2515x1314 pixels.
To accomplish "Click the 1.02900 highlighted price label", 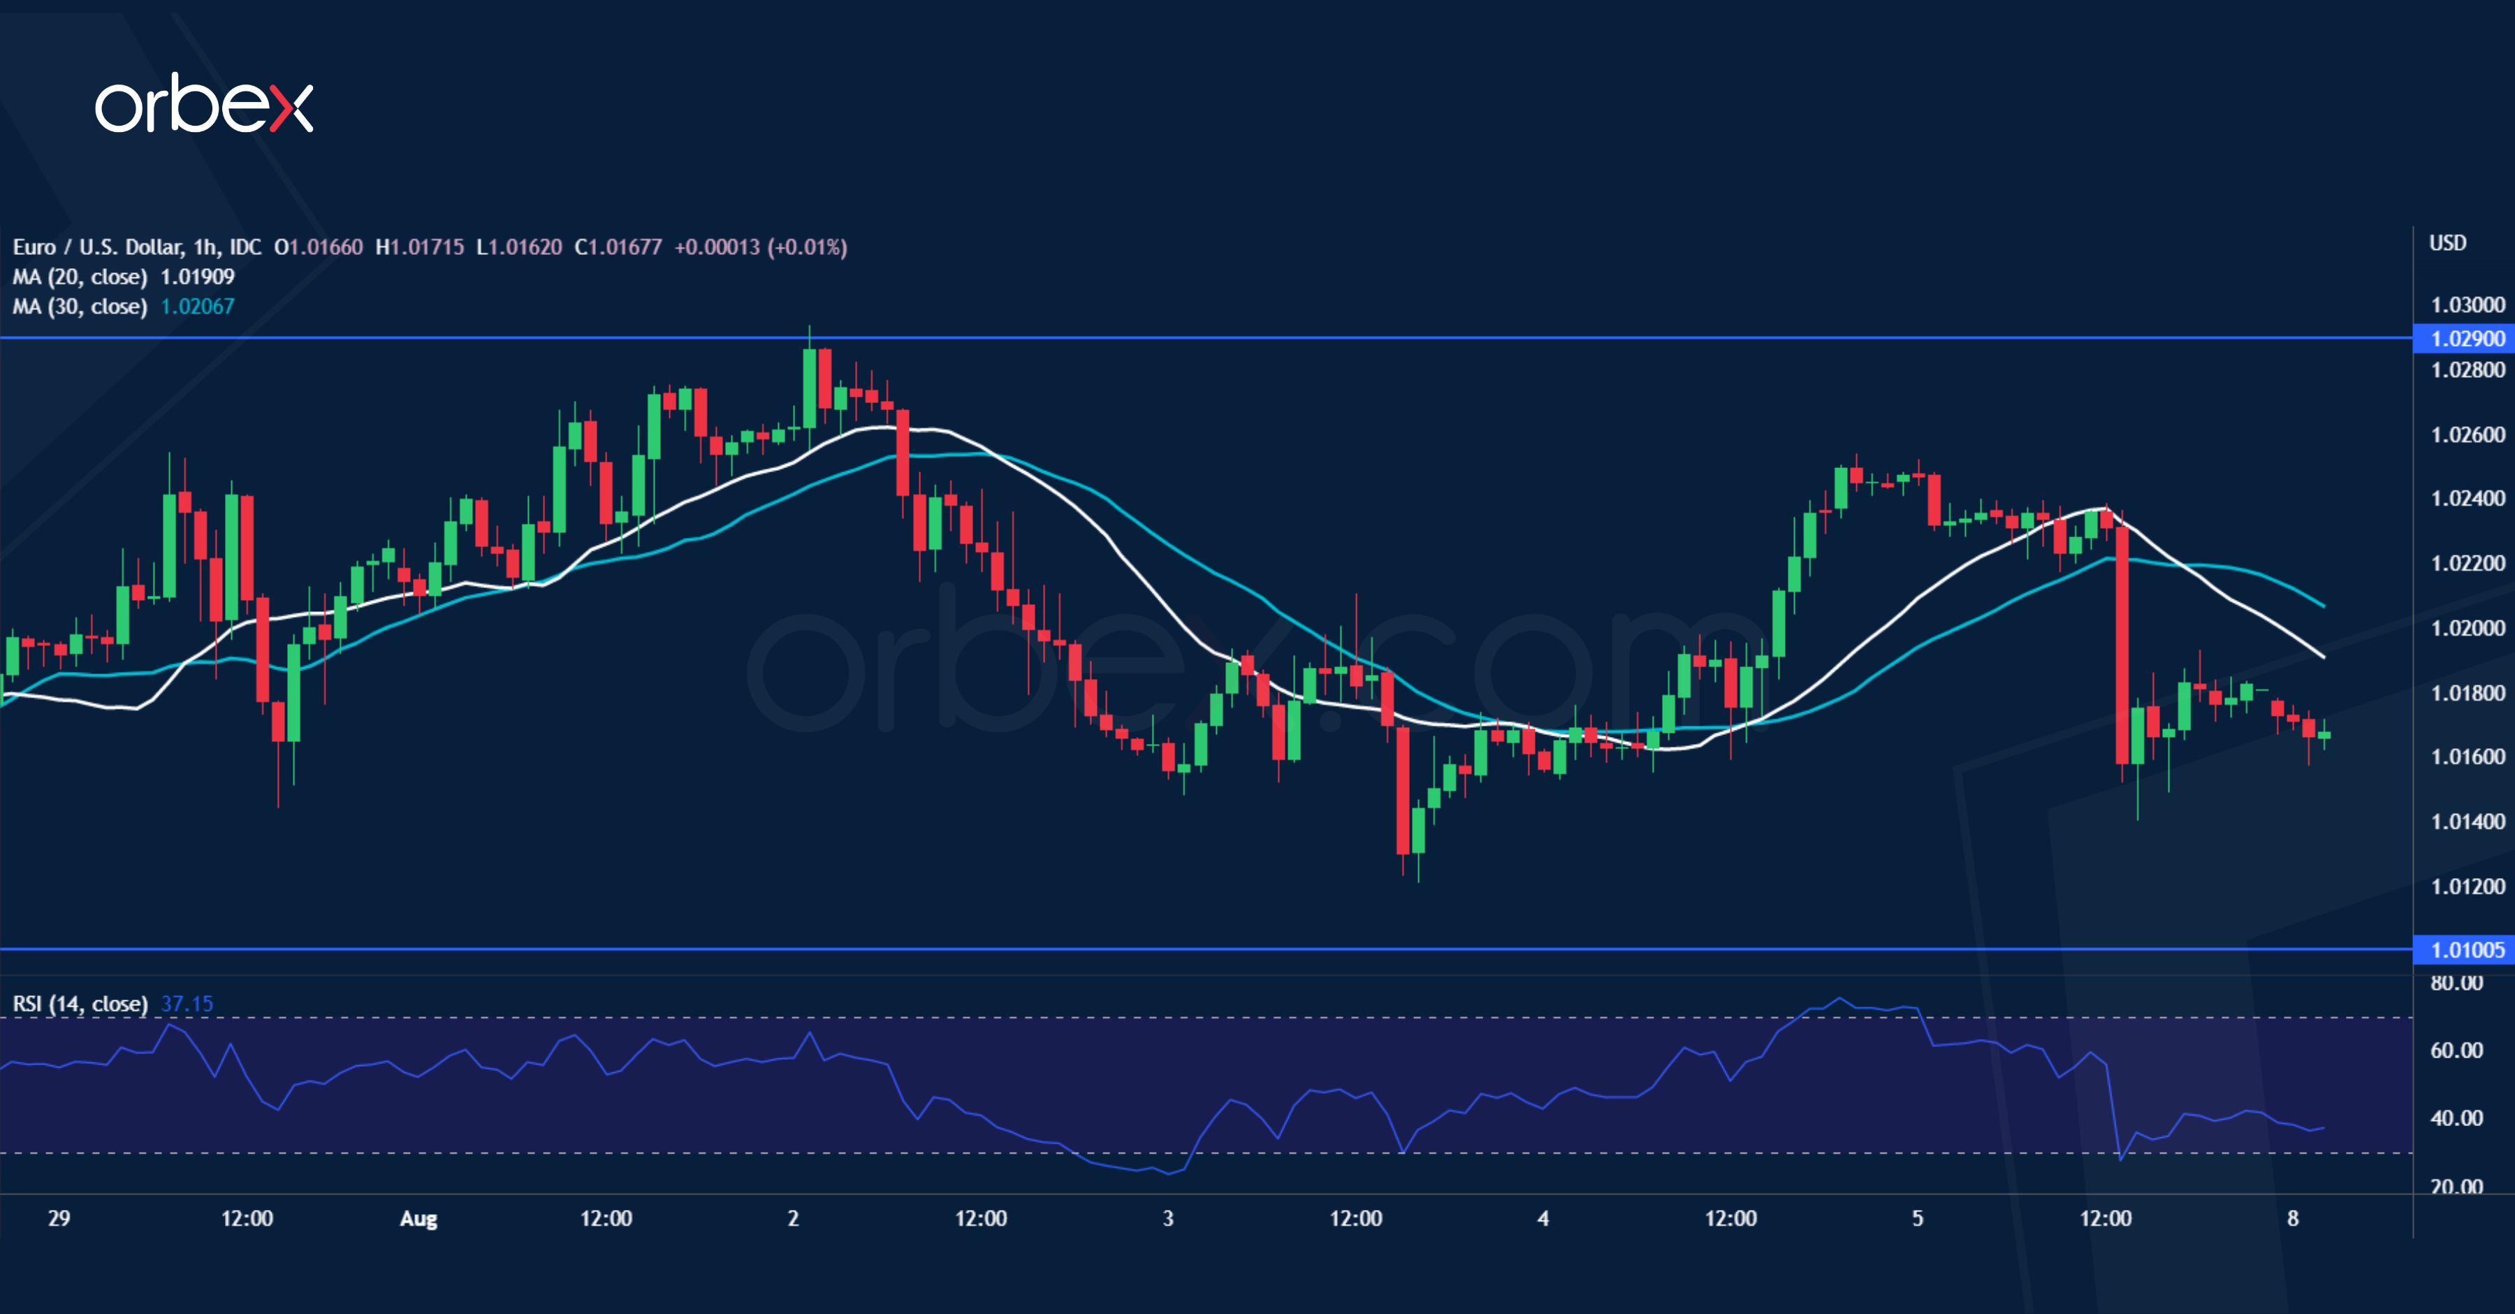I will (2466, 339).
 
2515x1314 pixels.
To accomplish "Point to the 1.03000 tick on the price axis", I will (2466, 305).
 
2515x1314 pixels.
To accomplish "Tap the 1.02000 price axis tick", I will (2466, 629).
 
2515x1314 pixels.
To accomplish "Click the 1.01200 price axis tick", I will (2466, 886).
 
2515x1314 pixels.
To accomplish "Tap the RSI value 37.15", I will (187, 1004).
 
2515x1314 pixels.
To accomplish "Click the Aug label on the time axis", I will (419, 1218).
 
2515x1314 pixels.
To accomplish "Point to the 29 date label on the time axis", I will (59, 1218).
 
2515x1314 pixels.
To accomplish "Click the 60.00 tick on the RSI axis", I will (2456, 1051).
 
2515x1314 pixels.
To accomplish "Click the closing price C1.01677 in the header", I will (618, 247).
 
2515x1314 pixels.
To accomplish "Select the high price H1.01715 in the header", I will (419, 247).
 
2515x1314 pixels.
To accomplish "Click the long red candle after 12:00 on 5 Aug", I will (2122, 644).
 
